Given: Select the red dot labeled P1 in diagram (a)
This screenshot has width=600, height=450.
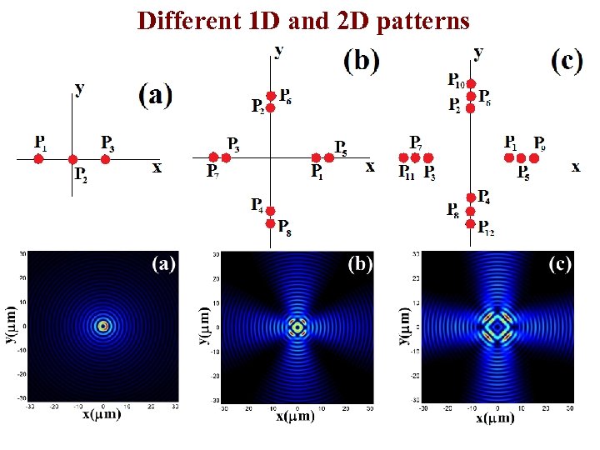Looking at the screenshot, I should pos(38,158).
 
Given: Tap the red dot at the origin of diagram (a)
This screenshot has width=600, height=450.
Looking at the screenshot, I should pos(72,158).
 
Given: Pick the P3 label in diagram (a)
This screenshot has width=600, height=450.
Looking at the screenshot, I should pos(107,142).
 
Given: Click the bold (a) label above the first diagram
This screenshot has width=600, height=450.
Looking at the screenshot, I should pos(155,95).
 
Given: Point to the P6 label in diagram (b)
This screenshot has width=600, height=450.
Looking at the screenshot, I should pos(285,95).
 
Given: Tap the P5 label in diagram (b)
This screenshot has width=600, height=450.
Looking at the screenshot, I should pos(342,146).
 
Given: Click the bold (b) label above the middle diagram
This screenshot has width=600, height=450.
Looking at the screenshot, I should pos(362,60).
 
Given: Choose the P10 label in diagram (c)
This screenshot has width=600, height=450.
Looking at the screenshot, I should pos(457,80).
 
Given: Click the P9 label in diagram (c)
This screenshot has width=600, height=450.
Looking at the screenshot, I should pos(540,142).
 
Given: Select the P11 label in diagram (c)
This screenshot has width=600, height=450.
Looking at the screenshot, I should pos(407,172).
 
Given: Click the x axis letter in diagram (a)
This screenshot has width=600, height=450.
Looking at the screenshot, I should pos(157,167).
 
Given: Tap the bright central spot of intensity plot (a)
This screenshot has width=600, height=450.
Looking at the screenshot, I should pos(102,326).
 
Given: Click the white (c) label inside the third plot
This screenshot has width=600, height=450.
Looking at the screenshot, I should pos(560,264).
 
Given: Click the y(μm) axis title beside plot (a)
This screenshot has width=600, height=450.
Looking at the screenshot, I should pos(13,326).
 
